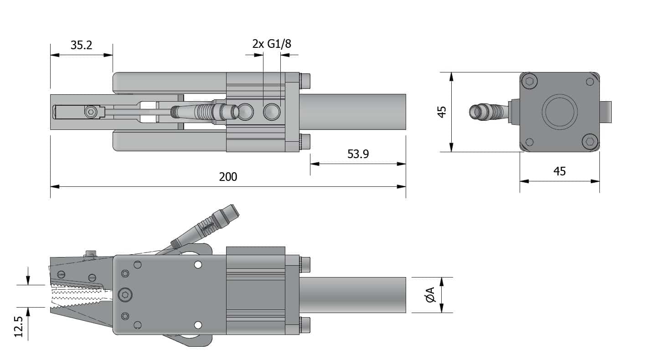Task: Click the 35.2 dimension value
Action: pyautogui.click(x=81, y=45)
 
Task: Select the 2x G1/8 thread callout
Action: pyautogui.click(x=272, y=44)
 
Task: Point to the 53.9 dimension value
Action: pyautogui.click(x=358, y=154)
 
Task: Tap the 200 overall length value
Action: pyautogui.click(x=228, y=177)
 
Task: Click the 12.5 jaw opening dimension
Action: pyautogui.click(x=19, y=327)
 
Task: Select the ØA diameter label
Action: pyautogui.click(x=431, y=295)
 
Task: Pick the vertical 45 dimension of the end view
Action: pyautogui.click(x=442, y=112)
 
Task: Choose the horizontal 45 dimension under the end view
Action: pyautogui.click(x=559, y=171)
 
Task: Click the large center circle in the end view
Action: pyautogui.click(x=559, y=112)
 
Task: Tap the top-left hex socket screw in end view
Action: pyautogui.click(x=530, y=81)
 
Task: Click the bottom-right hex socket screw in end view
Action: pyautogui.click(x=590, y=142)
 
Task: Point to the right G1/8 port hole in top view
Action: pyautogui.click(x=272, y=112)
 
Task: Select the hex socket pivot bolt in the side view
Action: pyautogui.click(x=125, y=295)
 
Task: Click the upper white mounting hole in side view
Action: pyautogui.click(x=198, y=265)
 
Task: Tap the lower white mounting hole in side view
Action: pyautogui.click(x=198, y=325)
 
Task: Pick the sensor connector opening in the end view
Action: pyautogui.click(x=475, y=112)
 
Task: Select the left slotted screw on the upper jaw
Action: pyautogui.click(x=61, y=274)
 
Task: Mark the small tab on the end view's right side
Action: pyautogui.click(x=606, y=112)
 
